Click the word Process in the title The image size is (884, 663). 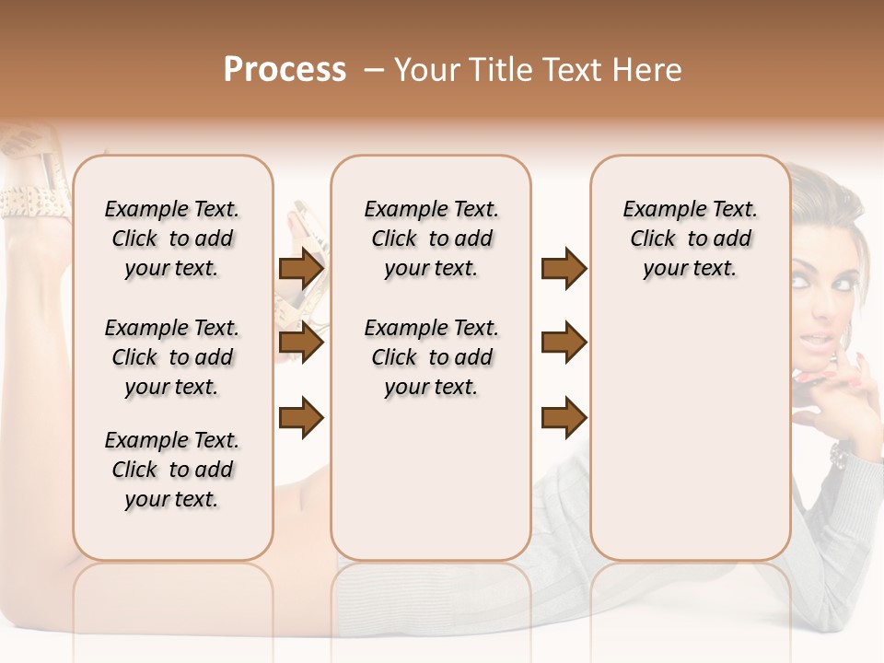click(285, 70)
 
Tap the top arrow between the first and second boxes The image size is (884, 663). click(301, 269)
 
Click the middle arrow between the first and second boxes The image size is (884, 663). click(301, 343)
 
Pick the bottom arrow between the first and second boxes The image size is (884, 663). click(301, 417)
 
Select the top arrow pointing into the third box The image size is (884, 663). click(564, 269)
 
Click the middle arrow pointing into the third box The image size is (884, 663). click(564, 343)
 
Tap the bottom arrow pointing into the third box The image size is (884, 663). click(564, 417)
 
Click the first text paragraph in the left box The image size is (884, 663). click(172, 238)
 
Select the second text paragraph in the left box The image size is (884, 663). click(172, 357)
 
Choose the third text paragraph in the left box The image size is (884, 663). click(172, 470)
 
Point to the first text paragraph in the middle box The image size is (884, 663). click(431, 238)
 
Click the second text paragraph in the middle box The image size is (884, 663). click(431, 357)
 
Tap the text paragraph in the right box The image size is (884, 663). click(690, 238)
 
